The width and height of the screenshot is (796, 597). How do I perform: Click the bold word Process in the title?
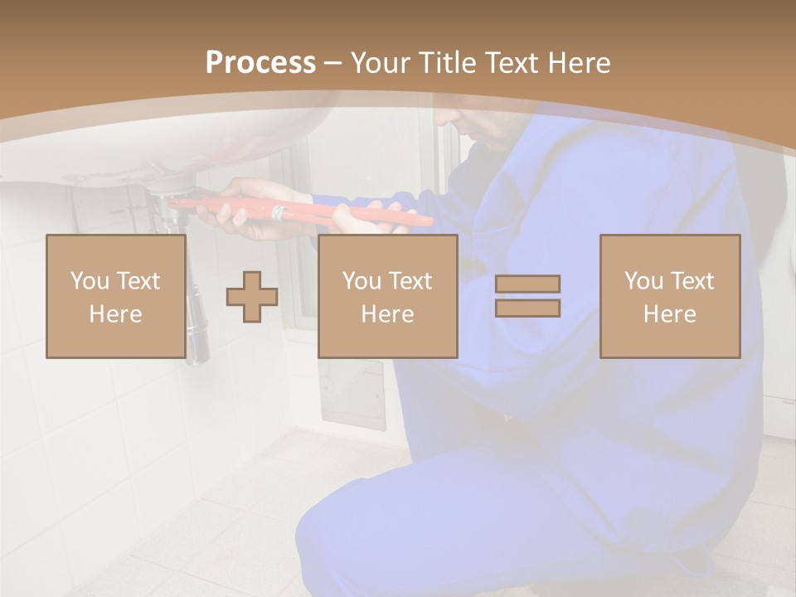coord(260,63)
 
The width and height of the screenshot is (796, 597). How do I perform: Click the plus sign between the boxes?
coord(252,296)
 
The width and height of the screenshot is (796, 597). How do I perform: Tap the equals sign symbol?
coord(527,296)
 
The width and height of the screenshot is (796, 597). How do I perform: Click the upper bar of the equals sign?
coord(527,284)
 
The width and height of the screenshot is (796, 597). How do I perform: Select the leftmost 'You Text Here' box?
coord(115,296)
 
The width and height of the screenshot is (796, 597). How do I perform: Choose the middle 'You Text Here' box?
coord(387,296)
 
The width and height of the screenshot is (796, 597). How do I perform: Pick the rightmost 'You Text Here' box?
coord(669,296)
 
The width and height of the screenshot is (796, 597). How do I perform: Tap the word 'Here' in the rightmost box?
coord(669,314)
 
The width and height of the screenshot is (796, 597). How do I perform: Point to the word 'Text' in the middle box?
coord(410,281)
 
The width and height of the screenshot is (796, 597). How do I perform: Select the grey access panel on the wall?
coord(352,394)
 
